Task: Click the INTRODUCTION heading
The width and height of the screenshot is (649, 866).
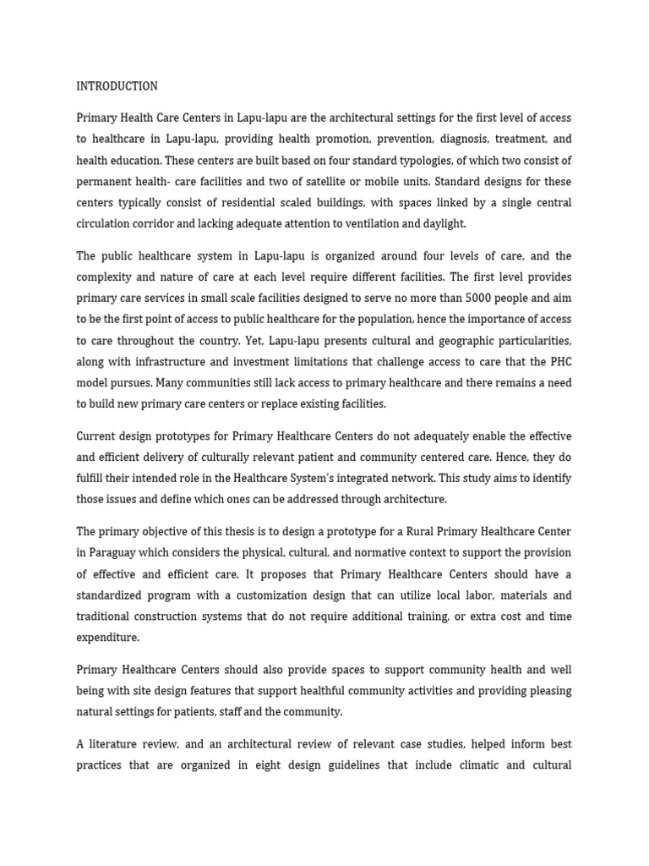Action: pyautogui.click(x=117, y=86)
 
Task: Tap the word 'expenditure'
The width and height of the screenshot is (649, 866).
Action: pyautogui.click(x=107, y=637)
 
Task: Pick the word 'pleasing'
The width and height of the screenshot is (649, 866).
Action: pyautogui.click(x=550, y=690)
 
